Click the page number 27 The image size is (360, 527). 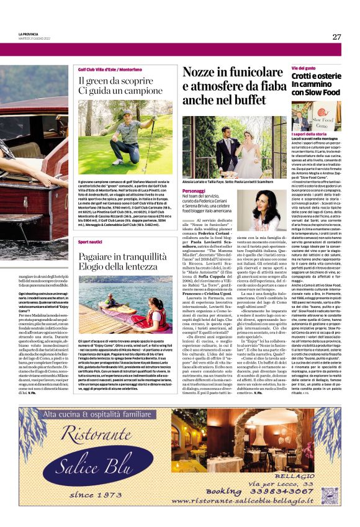pos(336,37)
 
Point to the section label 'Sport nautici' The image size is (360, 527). pos(90,241)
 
